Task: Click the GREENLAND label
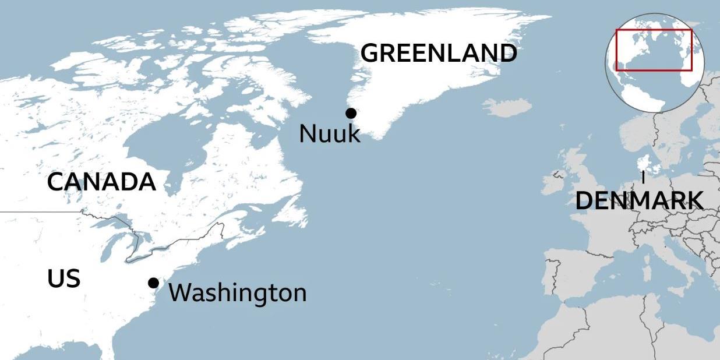pos(438,53)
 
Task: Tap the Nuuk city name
pos(330,134)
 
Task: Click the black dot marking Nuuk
pos(351,113)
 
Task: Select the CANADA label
pos(101,182)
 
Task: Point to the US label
pos(63,279)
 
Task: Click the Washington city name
pos(238,292)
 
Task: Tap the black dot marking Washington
pos(153,283)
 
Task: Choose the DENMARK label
pos(638,201)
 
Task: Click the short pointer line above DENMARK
pos(643,177)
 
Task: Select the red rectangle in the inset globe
pos(654,50)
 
